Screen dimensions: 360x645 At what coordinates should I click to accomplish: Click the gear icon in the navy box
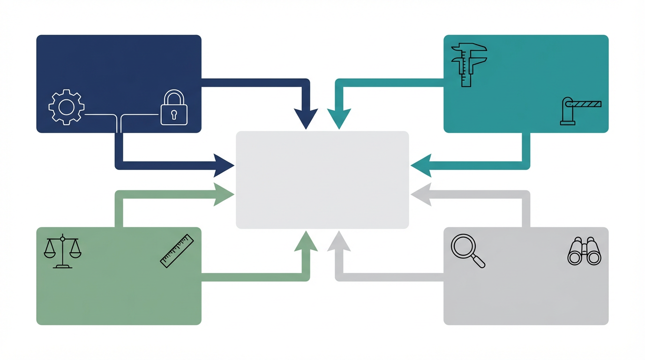point(67,107)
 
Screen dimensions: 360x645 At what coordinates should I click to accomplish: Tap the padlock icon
point(174,108)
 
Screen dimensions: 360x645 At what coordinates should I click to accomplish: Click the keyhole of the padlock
point(174,114)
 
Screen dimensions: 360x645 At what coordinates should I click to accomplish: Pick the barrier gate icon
point(580,111)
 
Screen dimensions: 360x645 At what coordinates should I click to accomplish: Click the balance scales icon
point(62,252)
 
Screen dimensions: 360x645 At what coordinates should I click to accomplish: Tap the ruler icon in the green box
point(177,251)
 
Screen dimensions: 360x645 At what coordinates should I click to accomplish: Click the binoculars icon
point(585,252)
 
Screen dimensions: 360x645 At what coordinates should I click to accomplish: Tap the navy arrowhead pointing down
point(306,118)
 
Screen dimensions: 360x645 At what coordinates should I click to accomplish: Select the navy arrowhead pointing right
point(224,165)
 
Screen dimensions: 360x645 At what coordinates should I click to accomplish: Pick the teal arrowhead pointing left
point(421,165)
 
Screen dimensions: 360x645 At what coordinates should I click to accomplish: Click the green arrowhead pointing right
point(224,195)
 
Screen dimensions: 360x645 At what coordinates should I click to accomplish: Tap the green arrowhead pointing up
point(306,242)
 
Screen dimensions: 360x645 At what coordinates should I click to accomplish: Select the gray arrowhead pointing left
point(421,195)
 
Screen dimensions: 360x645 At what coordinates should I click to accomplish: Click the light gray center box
point(322,180)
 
